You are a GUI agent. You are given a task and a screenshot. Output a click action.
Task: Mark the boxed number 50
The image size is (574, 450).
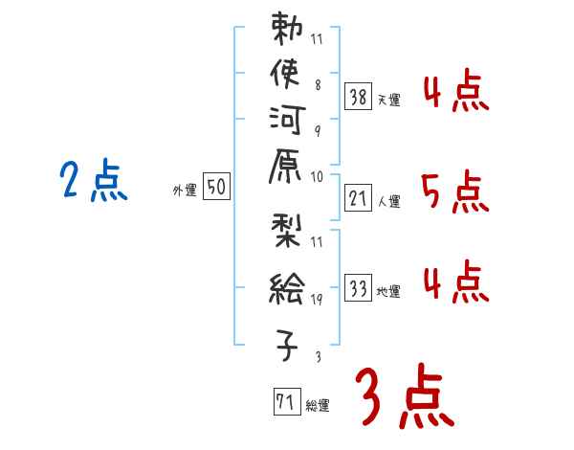pos(216,188)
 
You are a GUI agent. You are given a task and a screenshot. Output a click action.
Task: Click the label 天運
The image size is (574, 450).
pos(389,100)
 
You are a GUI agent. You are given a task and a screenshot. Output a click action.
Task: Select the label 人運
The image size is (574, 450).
pos(389,202)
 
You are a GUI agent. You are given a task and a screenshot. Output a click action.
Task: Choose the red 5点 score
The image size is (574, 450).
pos(455,192)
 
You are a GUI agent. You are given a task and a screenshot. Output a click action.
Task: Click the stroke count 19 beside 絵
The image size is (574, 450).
pos(317,300)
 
